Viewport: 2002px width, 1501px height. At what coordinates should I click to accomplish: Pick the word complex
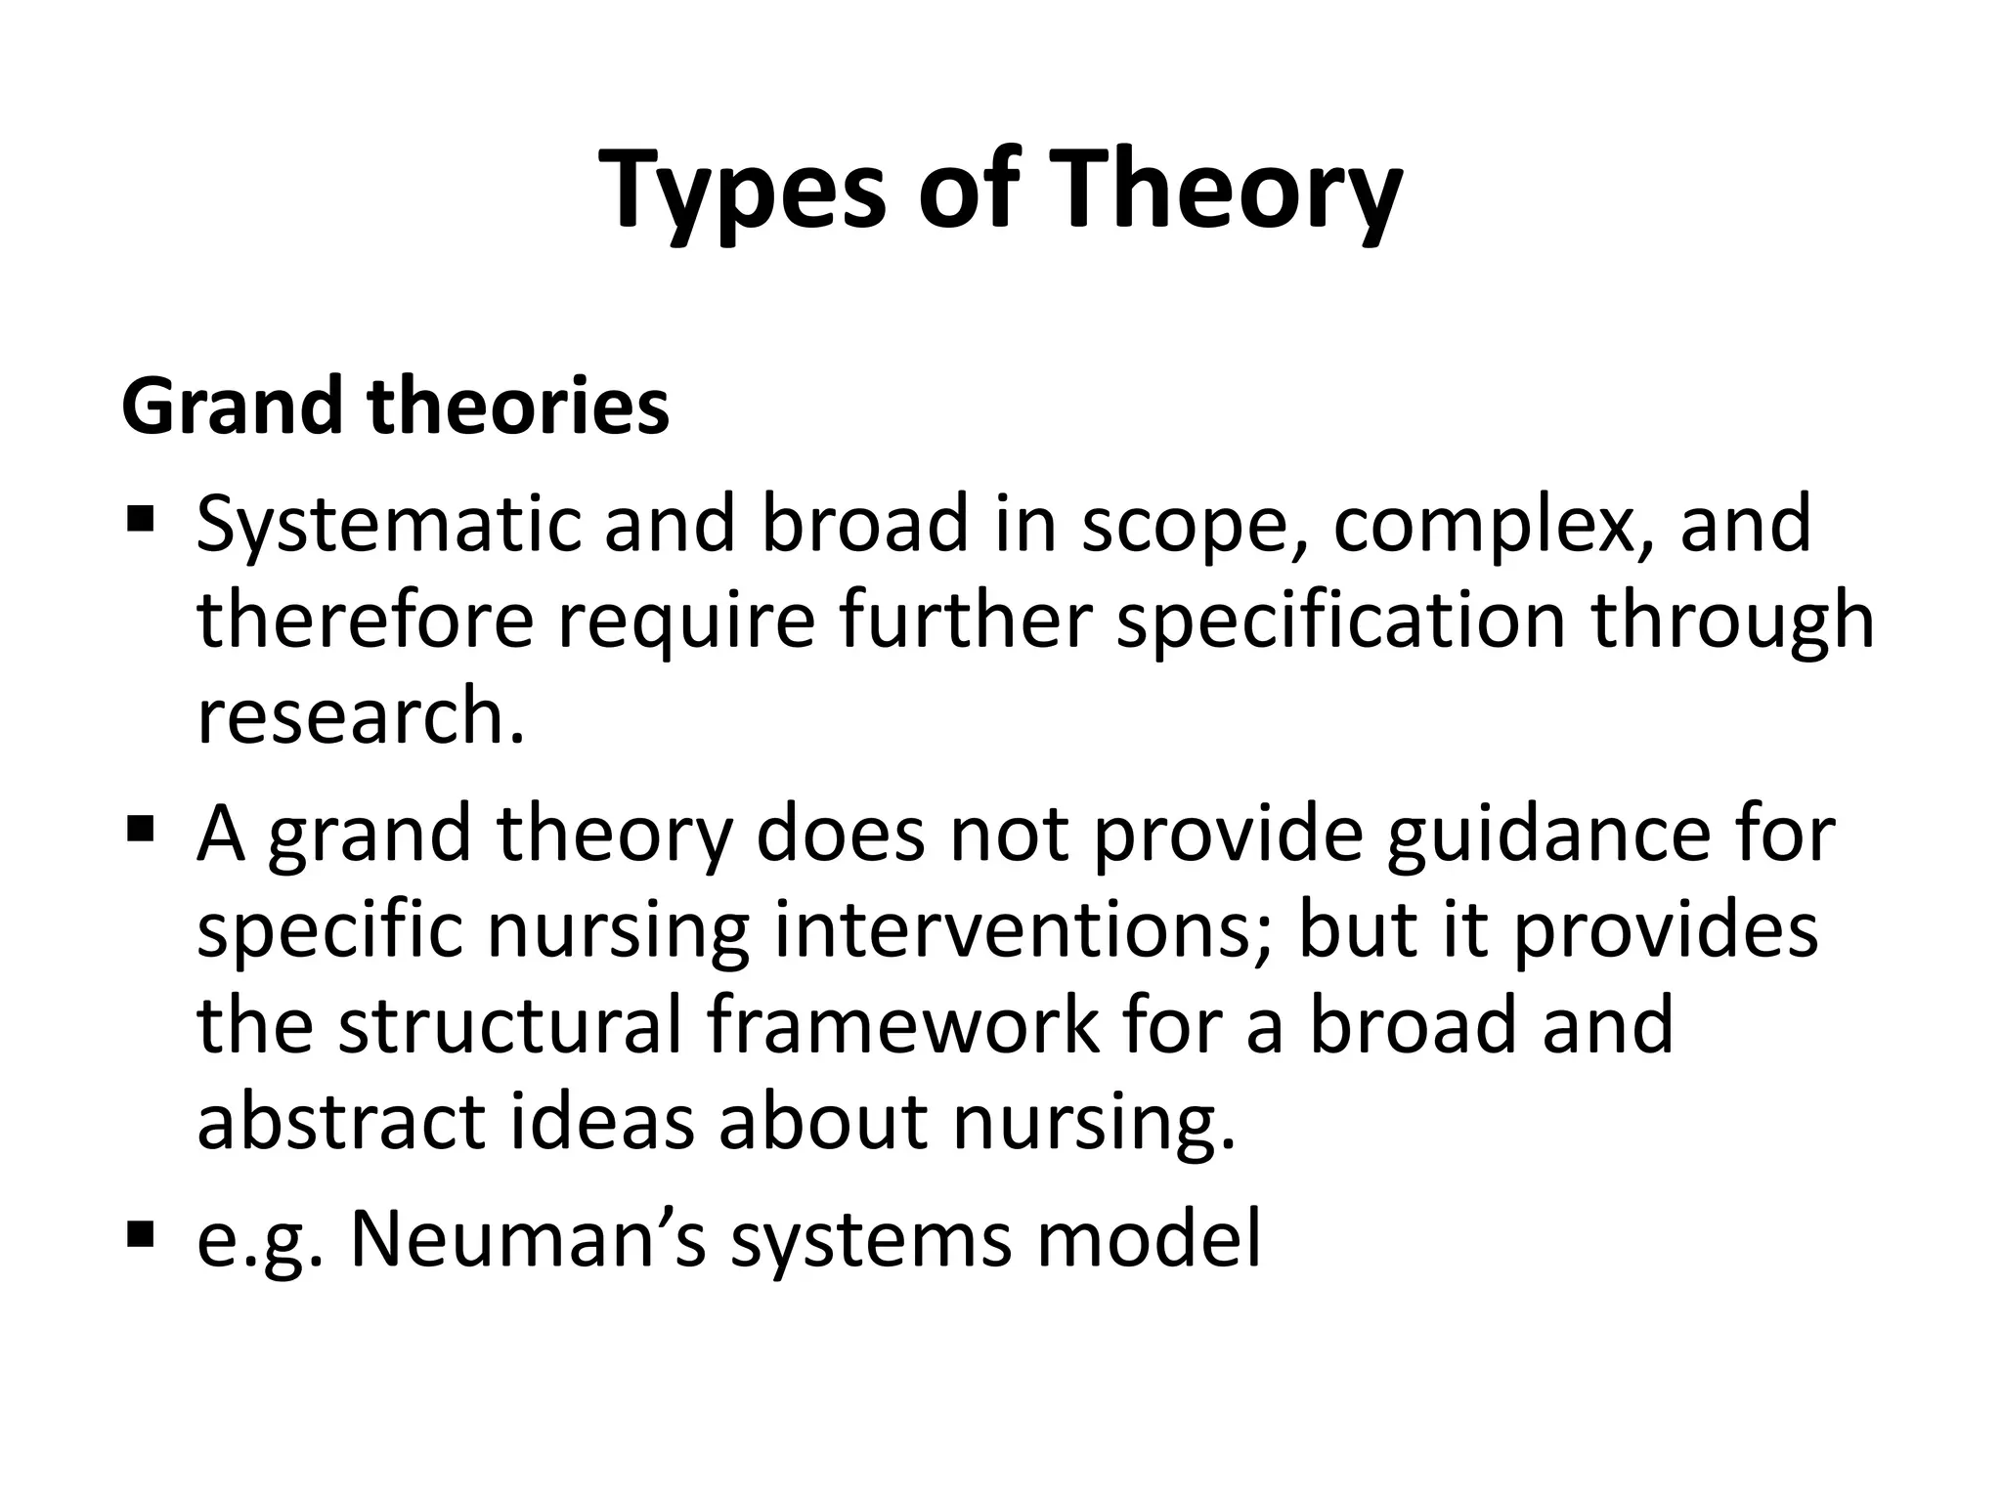pyautogui.click(x=1491, y=525)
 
